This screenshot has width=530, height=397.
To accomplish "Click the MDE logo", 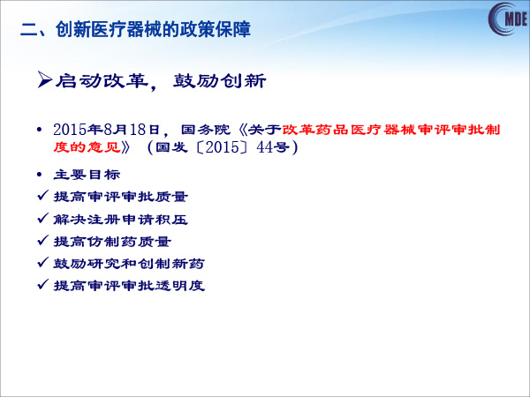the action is tap(508, 19).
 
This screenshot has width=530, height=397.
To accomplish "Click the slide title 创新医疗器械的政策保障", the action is tap(153, 29).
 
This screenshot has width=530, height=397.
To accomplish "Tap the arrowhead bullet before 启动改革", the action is tap(45, 80).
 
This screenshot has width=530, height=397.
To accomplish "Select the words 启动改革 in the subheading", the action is tap(102, 81).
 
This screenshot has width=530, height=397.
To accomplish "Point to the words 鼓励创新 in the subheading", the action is tap(220, 81).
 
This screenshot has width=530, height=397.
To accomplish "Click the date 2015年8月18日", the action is tap(106, 130).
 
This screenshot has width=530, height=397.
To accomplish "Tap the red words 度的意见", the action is tap(87, 147).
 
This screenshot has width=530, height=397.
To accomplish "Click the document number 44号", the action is tap(273, 147).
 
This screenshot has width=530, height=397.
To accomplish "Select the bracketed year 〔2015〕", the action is tap(223, 147).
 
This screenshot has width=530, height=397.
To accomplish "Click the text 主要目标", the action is tap(87, 175).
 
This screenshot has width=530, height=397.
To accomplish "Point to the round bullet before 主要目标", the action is tap(40, 175).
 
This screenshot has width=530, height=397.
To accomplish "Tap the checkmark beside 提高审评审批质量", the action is tap(43, 195).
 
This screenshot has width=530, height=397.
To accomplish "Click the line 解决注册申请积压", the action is tap(121, 220).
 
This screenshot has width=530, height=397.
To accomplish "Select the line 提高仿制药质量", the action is tap(112, 242).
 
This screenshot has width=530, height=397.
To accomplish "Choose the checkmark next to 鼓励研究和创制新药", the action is tap(43, 262).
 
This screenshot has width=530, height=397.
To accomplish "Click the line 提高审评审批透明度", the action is tap(129, 286).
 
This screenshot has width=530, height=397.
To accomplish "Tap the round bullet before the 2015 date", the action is tap(40, 130).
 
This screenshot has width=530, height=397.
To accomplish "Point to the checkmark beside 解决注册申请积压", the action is tap(43, 218).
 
